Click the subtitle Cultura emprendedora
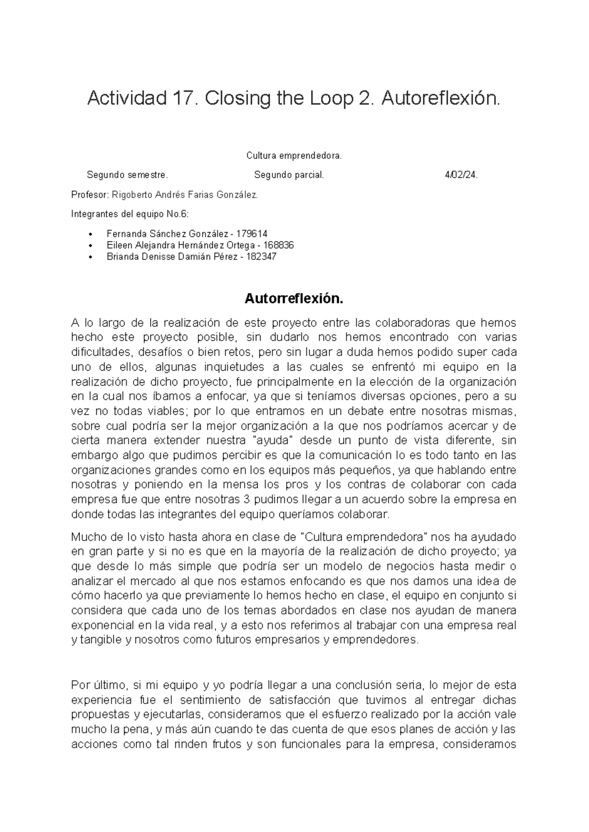click(294, 156)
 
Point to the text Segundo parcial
click(289, 175)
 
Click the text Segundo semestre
click(127, 175)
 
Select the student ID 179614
click(252, 234)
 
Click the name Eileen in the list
click(118, 245)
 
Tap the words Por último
click(100, 685)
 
